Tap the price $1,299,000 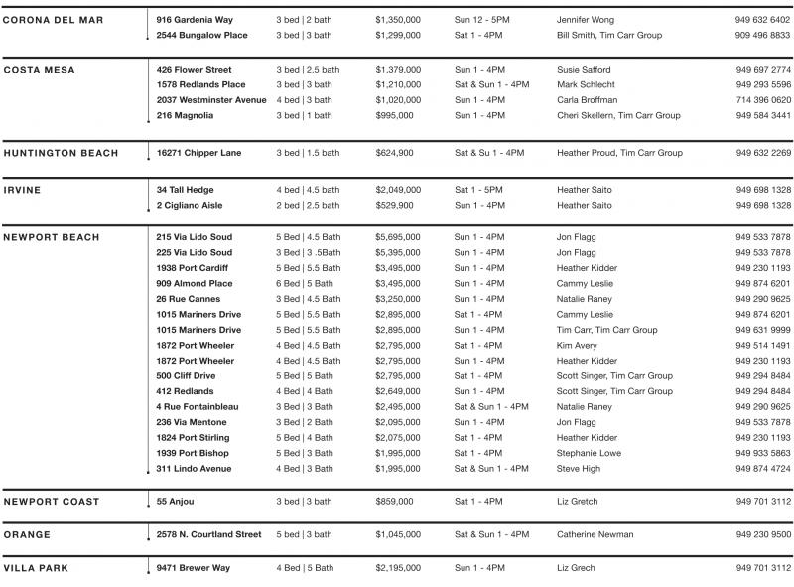pyautogui.click(x=397, y=35)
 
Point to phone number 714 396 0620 pyautogui.click(x=763, y=100)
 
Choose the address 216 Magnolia pyautogui.click(x=185, y=115)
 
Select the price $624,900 pyautogui.click(x=394, y=153)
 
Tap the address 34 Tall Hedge pyautogui.click(x=185, y=190)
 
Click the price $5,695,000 pyautogui.click(x=397, y=237)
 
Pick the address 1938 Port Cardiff pyautogui.click(x=192, y=268)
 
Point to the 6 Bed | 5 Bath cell pyautogui.click(x=304, y=283)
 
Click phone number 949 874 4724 pyautogui.click(x=763, y=468)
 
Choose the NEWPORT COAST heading pyautogui.click(x=52, y=502)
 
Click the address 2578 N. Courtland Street pyautogui.click(x=208, y=534)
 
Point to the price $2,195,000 pyautogui.click(x=397, y=568)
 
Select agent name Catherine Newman pyautogui.click(x=595, y=534)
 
